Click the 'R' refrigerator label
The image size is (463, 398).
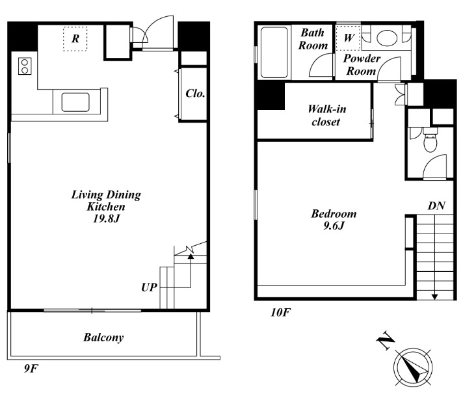click(75, 38)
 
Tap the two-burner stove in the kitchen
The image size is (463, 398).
click(25, 66)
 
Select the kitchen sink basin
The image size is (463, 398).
click(75, 102)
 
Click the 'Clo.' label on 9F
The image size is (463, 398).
click(195, 94)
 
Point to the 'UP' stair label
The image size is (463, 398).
click(149, 287)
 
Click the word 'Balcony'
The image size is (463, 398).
click(103, 337)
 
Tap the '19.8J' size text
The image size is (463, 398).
click(106, 219)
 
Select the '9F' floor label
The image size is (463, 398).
click(31, 369)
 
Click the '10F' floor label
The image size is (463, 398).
click(280, 312)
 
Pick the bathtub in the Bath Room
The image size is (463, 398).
click(274, 53)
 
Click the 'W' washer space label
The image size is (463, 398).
click(349, 38)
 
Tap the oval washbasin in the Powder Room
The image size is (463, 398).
click(387, 38)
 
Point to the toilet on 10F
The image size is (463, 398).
click(430, 140)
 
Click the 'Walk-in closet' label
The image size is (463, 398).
click(326, 115)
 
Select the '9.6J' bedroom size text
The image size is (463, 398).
click(334, 226)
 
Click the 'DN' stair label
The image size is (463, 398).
click(436, 206)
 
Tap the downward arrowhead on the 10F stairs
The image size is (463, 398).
click(434, 297)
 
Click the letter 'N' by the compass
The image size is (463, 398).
click(386, 340)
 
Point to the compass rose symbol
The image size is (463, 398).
click(413, 367)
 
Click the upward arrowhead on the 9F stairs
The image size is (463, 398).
click(191, 256)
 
